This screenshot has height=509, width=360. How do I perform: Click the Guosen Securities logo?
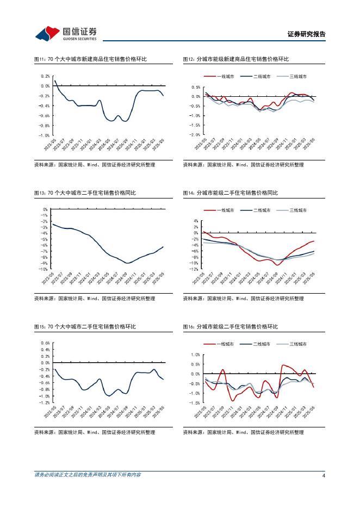(66, 33)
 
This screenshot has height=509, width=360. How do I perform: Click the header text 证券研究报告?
(306, 34)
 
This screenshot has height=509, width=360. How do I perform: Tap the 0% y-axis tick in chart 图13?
(46, 209)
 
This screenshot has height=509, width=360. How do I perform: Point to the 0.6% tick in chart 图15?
(45, 343)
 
